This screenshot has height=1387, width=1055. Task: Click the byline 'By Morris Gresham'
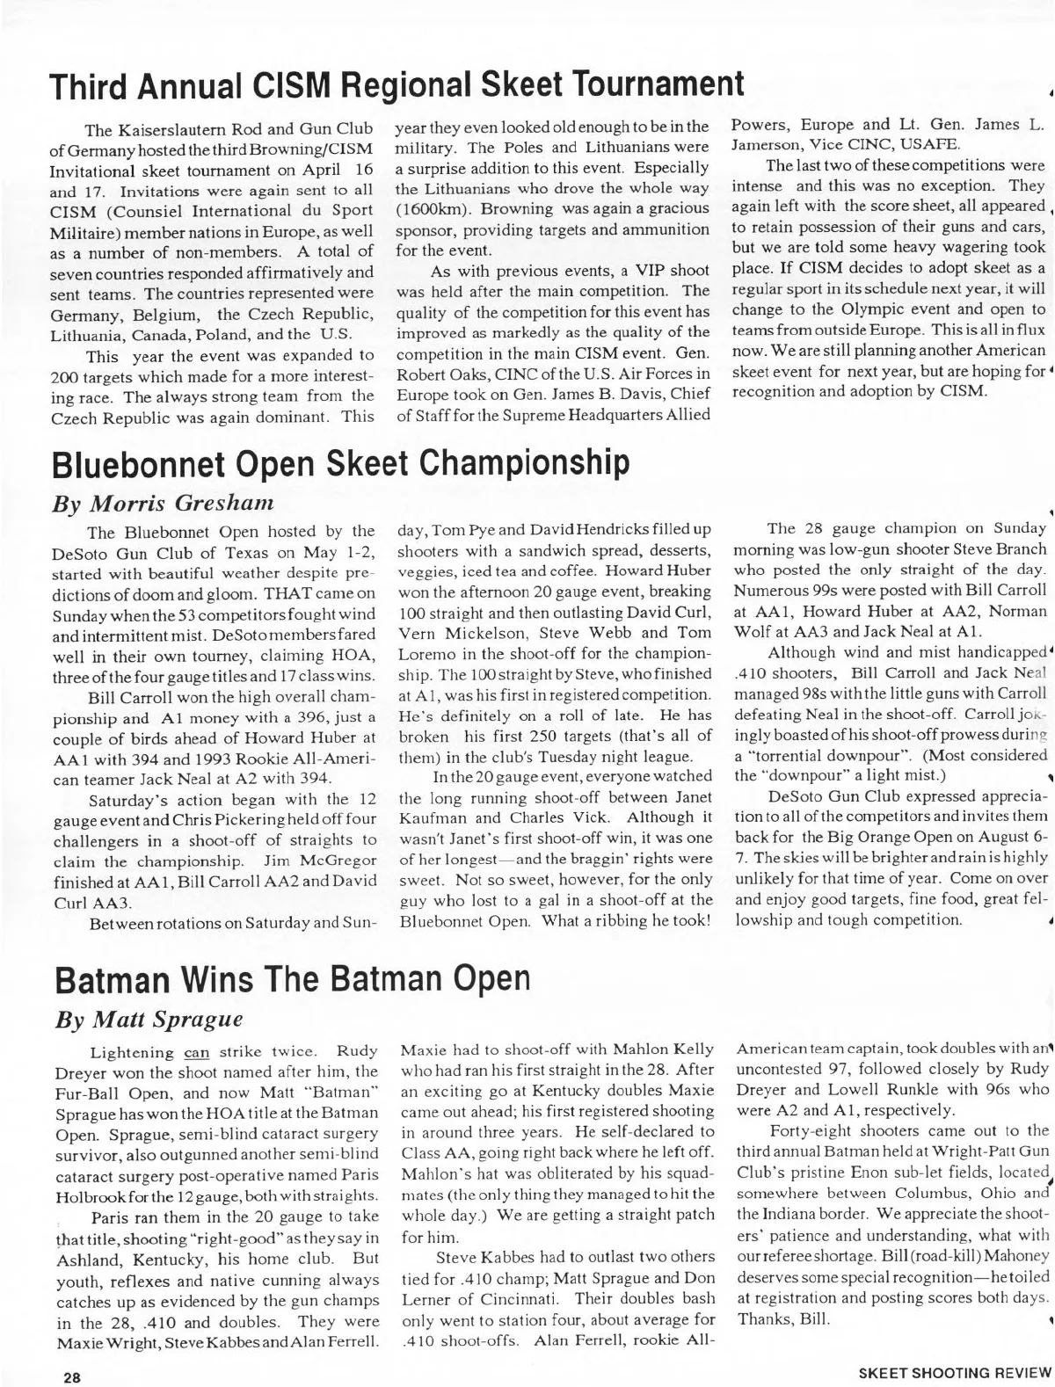click(164, 504)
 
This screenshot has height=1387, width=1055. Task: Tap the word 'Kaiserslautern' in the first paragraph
click(194, 130)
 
